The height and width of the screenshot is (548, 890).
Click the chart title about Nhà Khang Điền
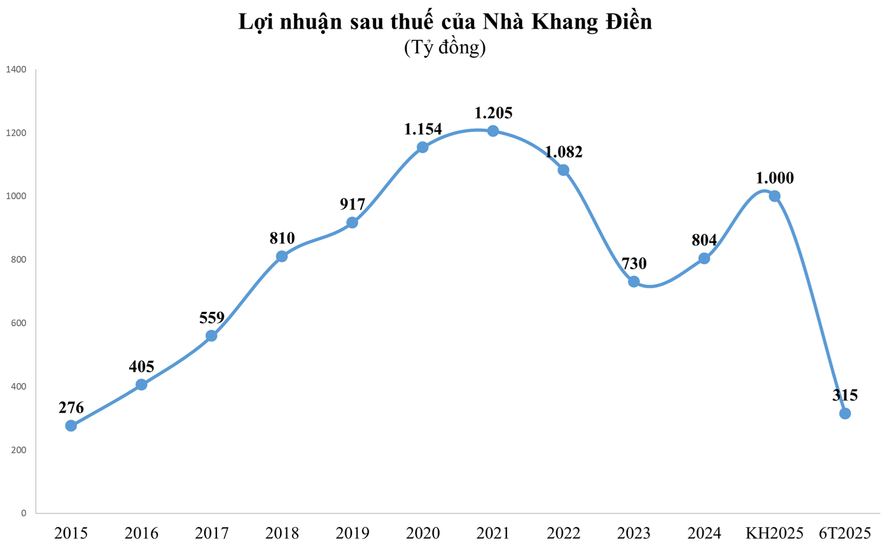coord(445,21)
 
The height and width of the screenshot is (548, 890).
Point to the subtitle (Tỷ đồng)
coord(445,48)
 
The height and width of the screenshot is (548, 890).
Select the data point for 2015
coord(71,425)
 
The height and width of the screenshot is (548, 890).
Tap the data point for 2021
coord(493,131)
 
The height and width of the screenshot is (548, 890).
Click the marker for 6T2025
coord(845,413)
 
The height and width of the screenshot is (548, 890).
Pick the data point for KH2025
coord(774,195)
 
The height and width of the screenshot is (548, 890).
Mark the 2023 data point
coord(634,281)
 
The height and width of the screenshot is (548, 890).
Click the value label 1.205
coord(493,113)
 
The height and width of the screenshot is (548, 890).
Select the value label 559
coord(211,318)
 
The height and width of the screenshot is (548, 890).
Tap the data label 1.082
coord(563,152)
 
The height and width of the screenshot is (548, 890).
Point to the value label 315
coord(845,395)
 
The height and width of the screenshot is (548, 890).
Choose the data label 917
coord(352,205)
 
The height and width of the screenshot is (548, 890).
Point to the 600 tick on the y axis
coord(18,323)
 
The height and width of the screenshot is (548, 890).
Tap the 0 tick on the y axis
coord(24,513)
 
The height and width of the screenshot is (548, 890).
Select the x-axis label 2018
coord(282,532)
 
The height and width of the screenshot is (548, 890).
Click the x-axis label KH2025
coord(774,532)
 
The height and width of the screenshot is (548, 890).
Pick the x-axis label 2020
coord(422,532)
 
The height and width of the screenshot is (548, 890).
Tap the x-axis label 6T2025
coord(845,532)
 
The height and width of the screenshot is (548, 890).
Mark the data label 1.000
coord(774,178)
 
